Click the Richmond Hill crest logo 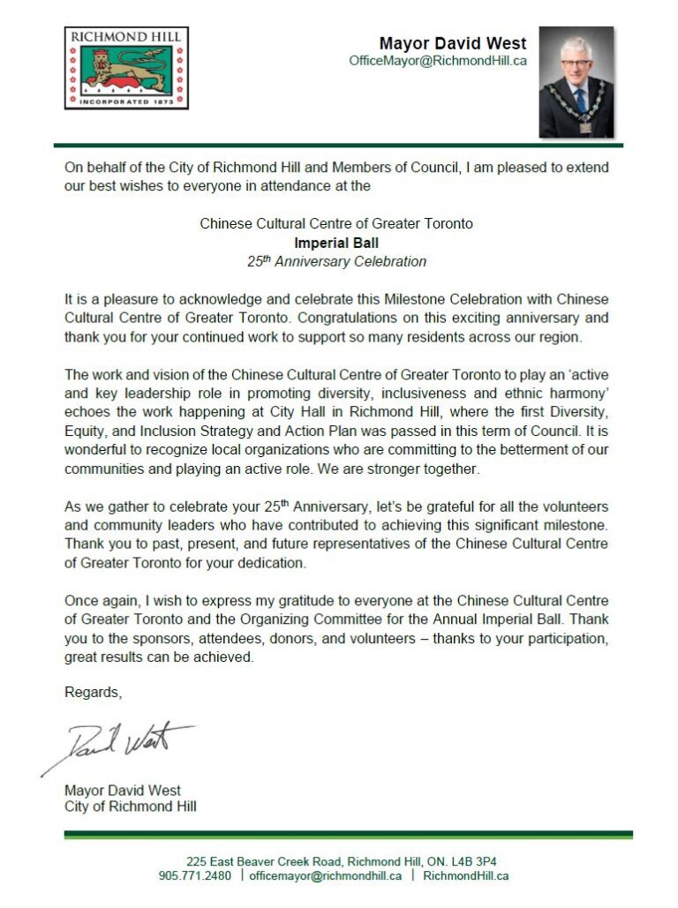[126, 68]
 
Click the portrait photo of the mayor [576, 81]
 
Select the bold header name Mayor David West [453, 43]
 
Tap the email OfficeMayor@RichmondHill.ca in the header [438, 61]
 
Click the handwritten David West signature [124, 742]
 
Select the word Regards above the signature [93, 693]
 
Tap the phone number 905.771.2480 [195, 876]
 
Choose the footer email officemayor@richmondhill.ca [326, 876]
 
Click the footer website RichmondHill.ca [466, 876]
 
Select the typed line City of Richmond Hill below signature [131, 807]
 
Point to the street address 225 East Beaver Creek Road [264, 861]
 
